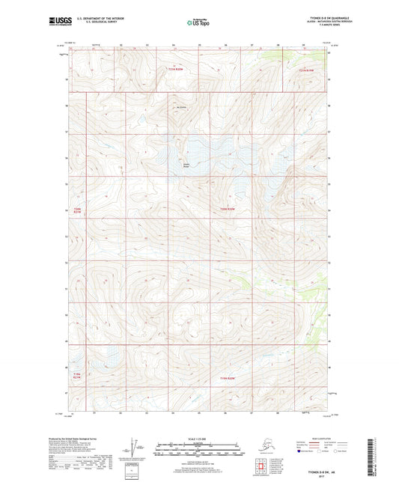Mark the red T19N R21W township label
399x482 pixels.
point(76,375)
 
